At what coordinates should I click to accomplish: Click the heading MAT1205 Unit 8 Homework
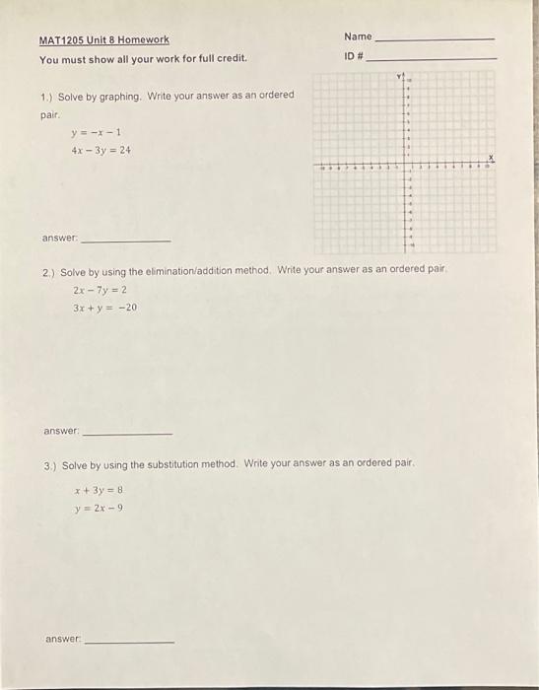pos(103,40)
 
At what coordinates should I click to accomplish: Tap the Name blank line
pos(435,38)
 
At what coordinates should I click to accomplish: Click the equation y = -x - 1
pos(96,132)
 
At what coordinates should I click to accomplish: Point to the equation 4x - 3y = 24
pos(101,151)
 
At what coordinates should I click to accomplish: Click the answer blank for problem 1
pos(125,241)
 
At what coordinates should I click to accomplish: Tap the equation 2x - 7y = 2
pos(100,290)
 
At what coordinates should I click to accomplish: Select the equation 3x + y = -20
pos(104,308)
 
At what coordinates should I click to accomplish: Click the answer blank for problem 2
pos(127,433)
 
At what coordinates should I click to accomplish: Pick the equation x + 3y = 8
pos(99,489)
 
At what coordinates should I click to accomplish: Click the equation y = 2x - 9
pos(99,508)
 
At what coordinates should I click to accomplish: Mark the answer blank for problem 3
pos(129,641)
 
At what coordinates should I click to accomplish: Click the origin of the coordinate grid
pos(405,168)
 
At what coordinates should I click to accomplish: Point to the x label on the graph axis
pos(490,158)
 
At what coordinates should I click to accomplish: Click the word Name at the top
pos(358,36)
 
